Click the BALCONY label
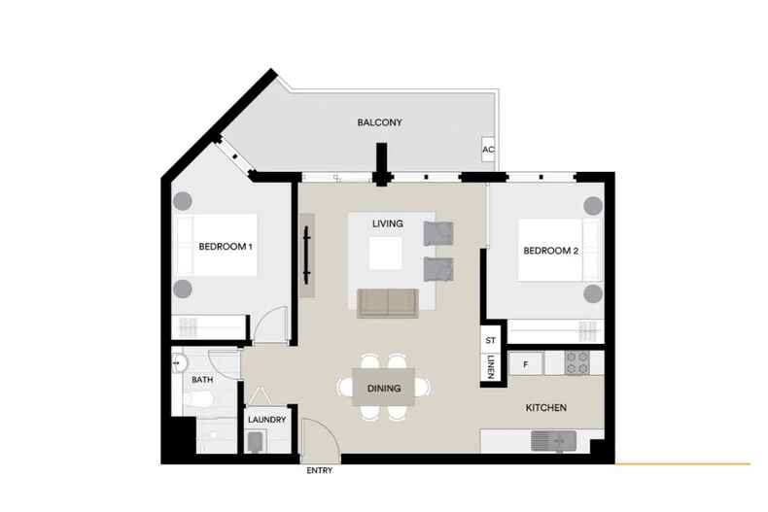pyautogui.click(x=379, y=122)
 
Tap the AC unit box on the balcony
pyautogui.click(x=488, y=150)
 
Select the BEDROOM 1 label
pyautogui.click(x=226, y=247)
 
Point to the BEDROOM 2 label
pyautogui.click(x=550, y=251)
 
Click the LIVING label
pyautogui.click(x=388, y=223)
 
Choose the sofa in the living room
pyautogui.click(x=388, y=303)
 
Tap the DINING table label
pyautogui.click(x=384, y=389)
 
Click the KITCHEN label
pyautogui.click(x=546, y=408)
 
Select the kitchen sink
pyautogui.click(x=553, y=441)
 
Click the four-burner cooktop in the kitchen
pyautogui.click(x=577, y=363)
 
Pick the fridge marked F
pyautogui.click(x=525, y=364)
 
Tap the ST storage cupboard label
pyautogui.click(x=491, y=340)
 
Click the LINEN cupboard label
pyautogui.click(x=491, y=367)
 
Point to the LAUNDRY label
pyautogui.click(x=267, y=420)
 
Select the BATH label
pyautogui.click(x=202, y=379)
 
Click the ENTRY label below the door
pyautogui.click(x=319, y=470)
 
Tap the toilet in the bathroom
pyautogui.click(x=199, y=400)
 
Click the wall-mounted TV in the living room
pyautogui.click(x=306, y=255)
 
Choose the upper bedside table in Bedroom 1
pyautogui.click(x=182, y=201)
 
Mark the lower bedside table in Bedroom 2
pyautogui.click(x=593, y=293)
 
